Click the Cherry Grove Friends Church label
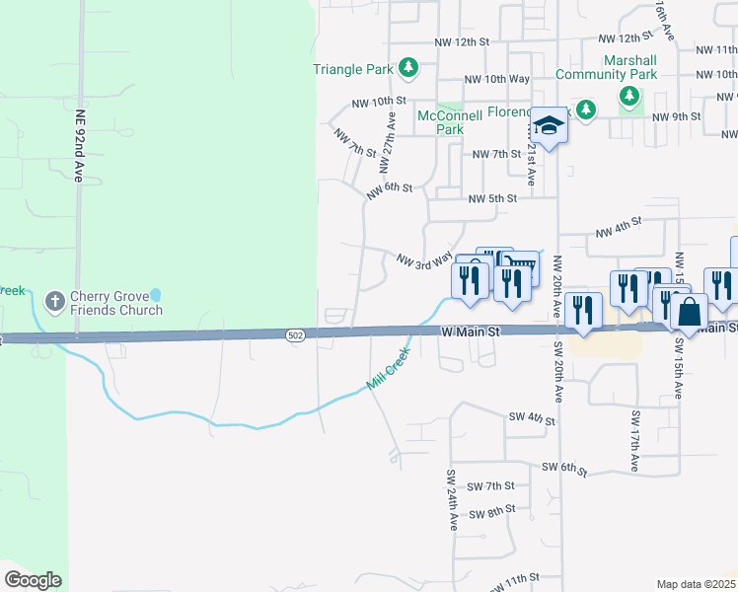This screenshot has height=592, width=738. (114, 303)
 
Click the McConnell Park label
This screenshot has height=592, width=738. (449, 122)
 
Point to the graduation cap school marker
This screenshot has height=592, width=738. (550, 125)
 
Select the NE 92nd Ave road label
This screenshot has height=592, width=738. (80, 143)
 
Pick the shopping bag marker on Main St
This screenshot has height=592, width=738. (691, 311)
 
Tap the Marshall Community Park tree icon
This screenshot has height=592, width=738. (628, 96)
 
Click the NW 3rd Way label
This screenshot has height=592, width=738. (424, 259)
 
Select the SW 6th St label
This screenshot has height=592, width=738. (563, 467)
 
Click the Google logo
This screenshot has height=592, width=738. (33, 580)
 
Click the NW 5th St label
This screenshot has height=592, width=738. (493, 198)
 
